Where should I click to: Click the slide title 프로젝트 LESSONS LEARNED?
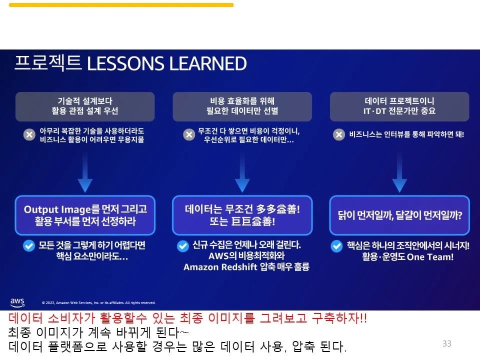coord(130,63)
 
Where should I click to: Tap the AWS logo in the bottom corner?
coord(17,302)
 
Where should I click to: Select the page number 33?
coord(446,343)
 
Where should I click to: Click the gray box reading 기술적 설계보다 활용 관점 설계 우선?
coord(85,106)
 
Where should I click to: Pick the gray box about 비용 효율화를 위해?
coord(242,106)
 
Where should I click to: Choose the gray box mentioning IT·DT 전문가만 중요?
coord(399,106)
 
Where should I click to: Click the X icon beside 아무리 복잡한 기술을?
coord(29,134)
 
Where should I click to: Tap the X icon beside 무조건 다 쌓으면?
coord(188,134)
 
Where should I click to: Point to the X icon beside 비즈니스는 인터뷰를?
coord(339,134)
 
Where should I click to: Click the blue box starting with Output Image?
coord(85,215)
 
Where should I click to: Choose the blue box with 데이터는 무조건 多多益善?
coord(242,215)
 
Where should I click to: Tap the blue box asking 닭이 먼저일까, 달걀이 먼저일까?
coord(399,215)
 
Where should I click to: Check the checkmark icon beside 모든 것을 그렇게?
coord(29,245)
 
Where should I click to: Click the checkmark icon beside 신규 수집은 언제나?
coord(182,245)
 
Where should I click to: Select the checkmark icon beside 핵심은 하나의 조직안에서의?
coord(336,245)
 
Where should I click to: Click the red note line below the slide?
coord(187,318)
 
